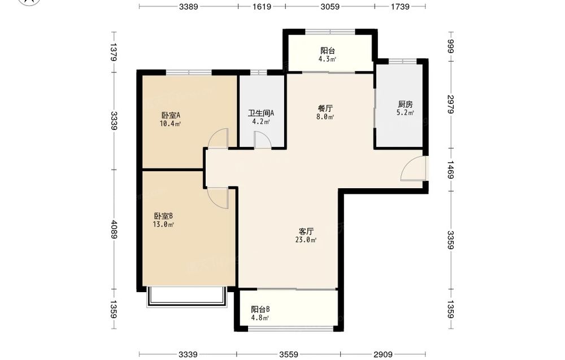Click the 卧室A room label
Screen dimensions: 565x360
[x=171, y=115]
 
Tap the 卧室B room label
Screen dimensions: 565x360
[x=164, y=216]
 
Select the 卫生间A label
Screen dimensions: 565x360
[x=261, y=113]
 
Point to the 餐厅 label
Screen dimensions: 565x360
[x=325, y=108]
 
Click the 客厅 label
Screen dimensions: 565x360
[x=306, y=231]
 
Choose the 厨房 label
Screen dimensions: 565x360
[x=405, y=104]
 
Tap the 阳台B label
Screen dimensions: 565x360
[x=260, y=310]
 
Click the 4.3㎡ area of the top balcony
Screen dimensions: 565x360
[x=327, y=59]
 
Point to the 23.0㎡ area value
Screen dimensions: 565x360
[x=306, y=240]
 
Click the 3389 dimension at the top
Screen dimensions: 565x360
[x=189, y=6]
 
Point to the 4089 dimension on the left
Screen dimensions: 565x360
[x=114, y=229]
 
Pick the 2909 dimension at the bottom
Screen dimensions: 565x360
[x=383, y=354]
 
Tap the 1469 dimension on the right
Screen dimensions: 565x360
[x=450, y=170]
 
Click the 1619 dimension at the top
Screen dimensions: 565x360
[x=262, y=6]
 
